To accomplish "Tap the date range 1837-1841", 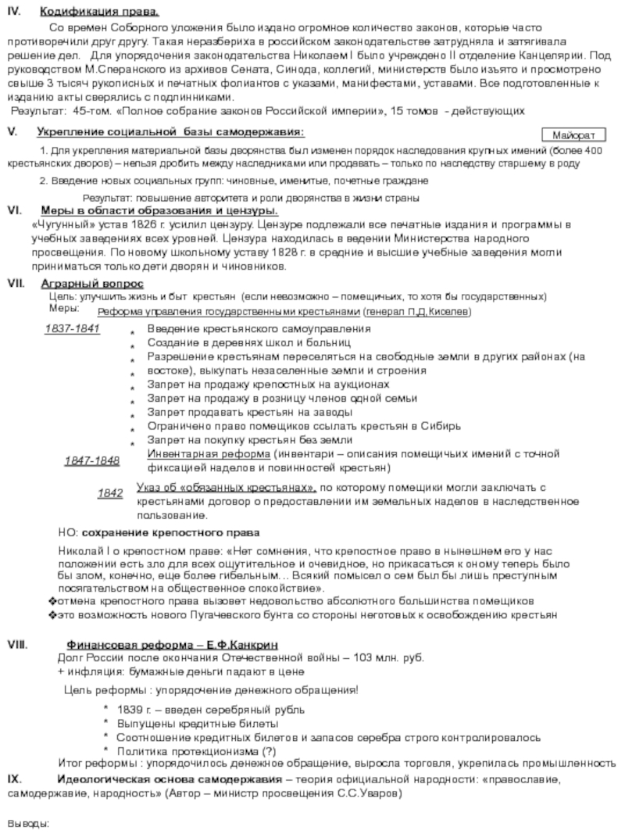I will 72,328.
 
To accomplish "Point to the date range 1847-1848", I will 92,460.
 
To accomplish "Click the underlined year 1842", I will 110,494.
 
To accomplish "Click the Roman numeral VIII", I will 17,645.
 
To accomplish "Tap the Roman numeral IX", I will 14,779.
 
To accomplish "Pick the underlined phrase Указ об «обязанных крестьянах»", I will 227,488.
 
